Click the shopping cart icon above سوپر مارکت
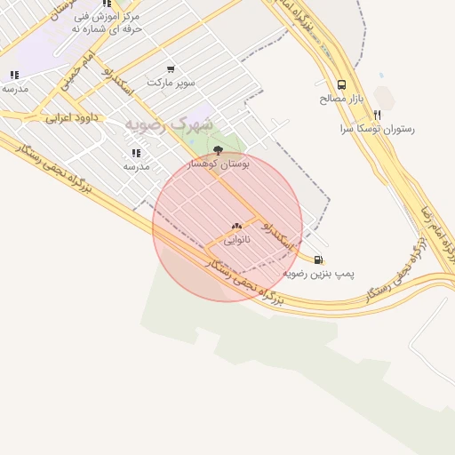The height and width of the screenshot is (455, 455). (171, 69)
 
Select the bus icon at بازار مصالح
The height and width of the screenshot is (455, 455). (342, 85)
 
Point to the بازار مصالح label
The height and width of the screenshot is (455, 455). (338, 99)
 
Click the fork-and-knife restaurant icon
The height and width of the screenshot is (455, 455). (377, 115)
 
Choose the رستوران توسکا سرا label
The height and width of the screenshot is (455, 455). (377, 129)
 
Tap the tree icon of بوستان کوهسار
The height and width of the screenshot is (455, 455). (219, 150)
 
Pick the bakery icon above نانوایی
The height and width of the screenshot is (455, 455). (236, 227)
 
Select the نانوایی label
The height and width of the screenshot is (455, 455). (236, 240)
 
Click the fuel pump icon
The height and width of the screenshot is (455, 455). (318, 260)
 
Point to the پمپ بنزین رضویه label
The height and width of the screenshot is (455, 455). (318, 274)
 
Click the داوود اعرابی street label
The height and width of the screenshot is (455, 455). (70, 117)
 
